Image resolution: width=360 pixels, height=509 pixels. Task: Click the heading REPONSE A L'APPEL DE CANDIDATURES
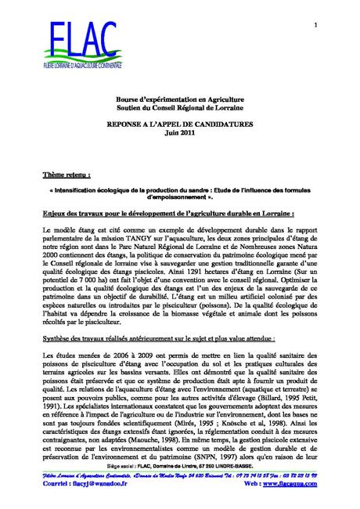(x=178, y=125)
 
